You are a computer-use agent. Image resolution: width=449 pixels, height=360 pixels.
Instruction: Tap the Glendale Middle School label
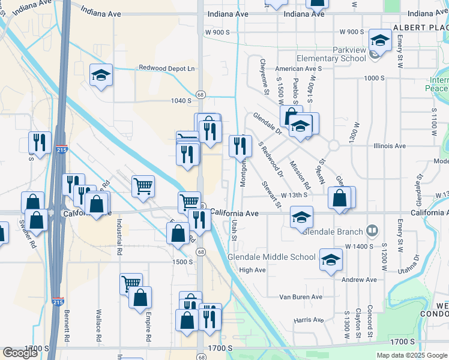coord(271,257)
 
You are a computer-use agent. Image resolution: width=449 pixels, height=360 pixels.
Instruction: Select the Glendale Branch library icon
coord(372,230)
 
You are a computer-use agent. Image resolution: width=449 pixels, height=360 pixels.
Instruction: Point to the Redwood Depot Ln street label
coord(167,69)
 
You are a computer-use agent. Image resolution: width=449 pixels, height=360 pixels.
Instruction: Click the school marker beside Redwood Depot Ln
coord(101,76)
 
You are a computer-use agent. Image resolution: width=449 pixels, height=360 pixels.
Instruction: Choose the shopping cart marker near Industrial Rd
coord(143,186)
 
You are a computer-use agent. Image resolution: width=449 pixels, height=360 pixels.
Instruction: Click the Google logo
coord(20,353)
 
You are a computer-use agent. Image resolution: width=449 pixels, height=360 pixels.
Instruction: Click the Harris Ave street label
coord(310,320)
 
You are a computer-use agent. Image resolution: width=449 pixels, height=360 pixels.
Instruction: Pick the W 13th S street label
coord(294,195)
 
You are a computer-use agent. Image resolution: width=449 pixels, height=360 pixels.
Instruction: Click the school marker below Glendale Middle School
coord(330,260)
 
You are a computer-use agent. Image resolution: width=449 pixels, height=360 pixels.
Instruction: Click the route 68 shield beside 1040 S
coord(200,95)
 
